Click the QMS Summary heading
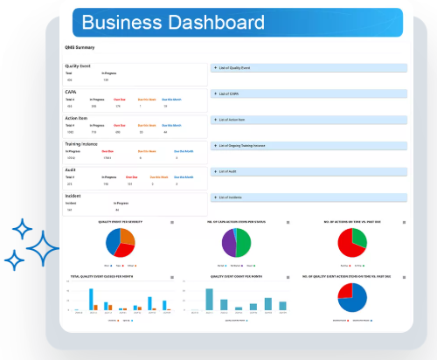click(80, 47)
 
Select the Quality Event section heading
click(78, 66)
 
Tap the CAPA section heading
click(71, 91)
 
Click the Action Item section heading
click(76, 116)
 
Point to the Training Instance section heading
click(84, 142)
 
